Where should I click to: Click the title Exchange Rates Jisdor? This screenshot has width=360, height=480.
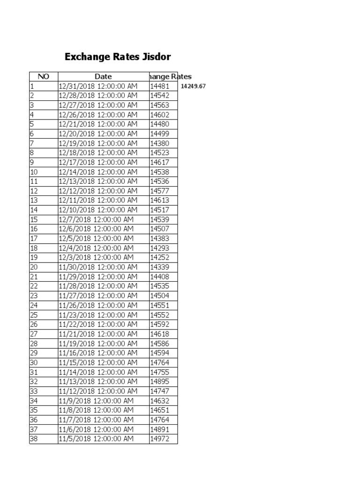117,57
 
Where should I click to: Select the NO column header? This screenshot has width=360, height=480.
44,76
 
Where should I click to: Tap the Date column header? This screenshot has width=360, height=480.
103,76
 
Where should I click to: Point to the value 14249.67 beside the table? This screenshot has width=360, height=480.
193,86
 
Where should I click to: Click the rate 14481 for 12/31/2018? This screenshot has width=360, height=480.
159,86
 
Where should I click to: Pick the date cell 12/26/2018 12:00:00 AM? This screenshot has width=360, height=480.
98,115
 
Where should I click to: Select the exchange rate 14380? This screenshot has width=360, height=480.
159,143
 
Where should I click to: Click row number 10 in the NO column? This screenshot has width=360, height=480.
34,172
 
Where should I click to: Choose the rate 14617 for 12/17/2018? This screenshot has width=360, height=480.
159,162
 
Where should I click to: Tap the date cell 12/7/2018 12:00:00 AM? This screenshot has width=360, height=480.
96,219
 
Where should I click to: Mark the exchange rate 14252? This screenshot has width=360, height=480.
159,257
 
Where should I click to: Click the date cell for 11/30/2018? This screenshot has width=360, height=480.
98,267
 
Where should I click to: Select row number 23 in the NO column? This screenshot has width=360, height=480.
34,296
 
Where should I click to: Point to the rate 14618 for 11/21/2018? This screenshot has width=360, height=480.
159,334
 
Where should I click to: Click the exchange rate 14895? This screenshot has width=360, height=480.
159,382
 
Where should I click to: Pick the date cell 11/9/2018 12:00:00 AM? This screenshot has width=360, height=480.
96,401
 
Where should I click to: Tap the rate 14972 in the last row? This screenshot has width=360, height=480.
159,439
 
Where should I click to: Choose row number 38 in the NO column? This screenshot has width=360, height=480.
34,439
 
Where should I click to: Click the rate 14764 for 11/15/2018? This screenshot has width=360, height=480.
159,362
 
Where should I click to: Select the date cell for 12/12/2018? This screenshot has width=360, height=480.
98,191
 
